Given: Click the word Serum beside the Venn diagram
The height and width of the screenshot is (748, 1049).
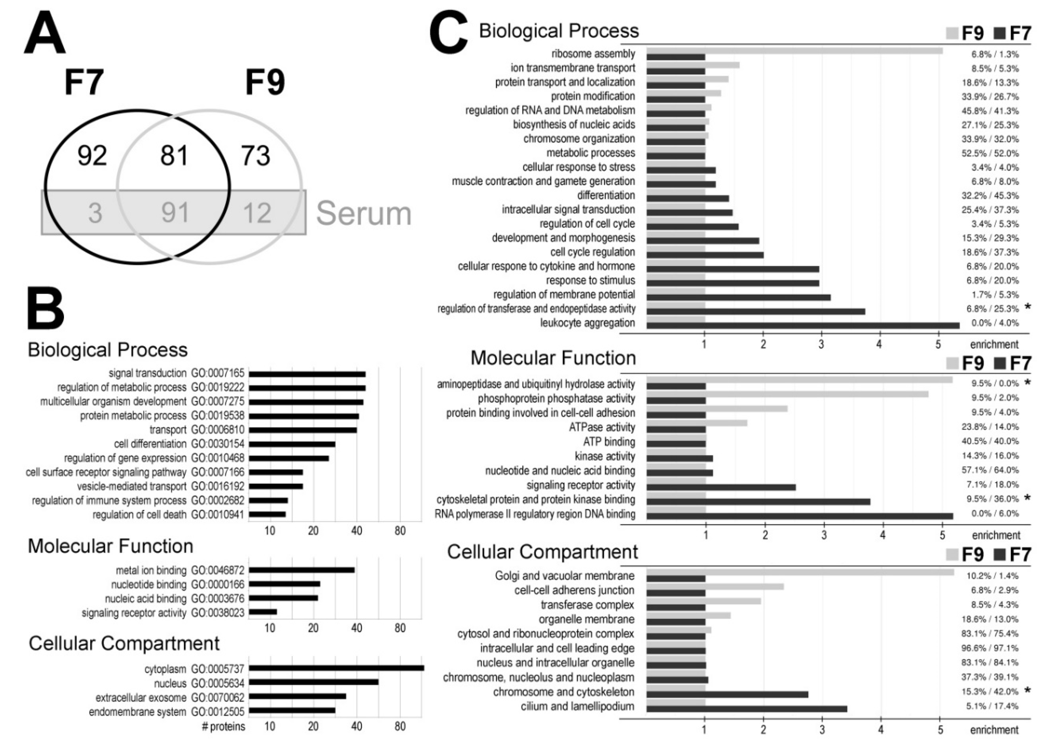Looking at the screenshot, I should [x=364, y=213].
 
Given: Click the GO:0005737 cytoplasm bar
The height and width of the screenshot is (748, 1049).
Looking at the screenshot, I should [x=336, y=668].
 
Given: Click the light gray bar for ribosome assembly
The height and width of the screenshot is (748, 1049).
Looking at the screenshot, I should [x=794, y=51].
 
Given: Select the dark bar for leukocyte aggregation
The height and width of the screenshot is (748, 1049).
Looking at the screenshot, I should [x=802, y=326].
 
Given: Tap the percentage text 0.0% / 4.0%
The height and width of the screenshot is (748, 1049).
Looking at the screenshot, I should [x=995, y=323].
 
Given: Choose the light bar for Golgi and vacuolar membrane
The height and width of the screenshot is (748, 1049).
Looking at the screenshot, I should [x=800, y=572].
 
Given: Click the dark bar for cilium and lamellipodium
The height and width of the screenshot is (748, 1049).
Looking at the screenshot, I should [x=746, y=709].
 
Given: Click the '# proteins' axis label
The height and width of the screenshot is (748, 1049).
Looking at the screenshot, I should [x=224, y=726].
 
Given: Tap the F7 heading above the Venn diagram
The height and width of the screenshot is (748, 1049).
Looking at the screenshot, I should [x=84, y=83].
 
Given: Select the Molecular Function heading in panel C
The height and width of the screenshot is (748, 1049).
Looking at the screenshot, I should [x=553, y=358].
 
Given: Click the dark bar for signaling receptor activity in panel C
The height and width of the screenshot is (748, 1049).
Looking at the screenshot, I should [x=721, y=487].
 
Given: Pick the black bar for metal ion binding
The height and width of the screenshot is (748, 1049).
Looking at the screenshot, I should [x=302, y=570].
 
